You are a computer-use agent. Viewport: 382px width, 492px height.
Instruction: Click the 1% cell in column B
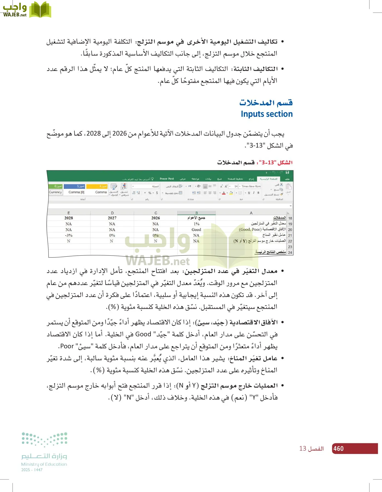point(196,224)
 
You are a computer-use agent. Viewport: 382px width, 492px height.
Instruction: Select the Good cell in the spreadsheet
point(196,230)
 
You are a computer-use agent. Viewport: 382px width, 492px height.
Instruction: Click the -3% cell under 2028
point(69,235)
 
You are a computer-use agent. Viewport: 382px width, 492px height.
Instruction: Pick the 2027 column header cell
point(112,218)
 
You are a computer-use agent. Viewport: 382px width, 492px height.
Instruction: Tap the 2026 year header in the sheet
point(155,218)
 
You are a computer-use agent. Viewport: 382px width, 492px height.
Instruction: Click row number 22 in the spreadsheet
point(290,241)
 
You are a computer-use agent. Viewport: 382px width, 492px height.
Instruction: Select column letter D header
point(112,213)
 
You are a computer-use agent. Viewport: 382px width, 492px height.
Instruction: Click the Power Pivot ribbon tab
point(167,179)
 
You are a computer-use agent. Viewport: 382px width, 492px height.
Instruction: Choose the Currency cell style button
point(55,192)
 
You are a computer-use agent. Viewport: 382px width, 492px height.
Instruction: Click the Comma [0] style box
point(76,192)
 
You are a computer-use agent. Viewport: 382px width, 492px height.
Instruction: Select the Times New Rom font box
point(251,186)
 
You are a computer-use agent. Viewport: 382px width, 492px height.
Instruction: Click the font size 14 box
point(236,186)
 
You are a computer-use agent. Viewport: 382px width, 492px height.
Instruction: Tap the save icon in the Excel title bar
point(287,172)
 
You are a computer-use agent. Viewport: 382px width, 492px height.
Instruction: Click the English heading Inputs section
point(267,114)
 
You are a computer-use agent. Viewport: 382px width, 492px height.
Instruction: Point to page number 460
point(338,449)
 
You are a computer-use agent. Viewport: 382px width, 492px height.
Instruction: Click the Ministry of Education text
point(44,464)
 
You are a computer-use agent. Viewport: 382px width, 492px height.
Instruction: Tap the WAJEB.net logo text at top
point(15,15)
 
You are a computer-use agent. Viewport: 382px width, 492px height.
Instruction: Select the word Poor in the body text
point(67,346)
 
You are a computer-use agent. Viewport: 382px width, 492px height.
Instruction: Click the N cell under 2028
point(69,241)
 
